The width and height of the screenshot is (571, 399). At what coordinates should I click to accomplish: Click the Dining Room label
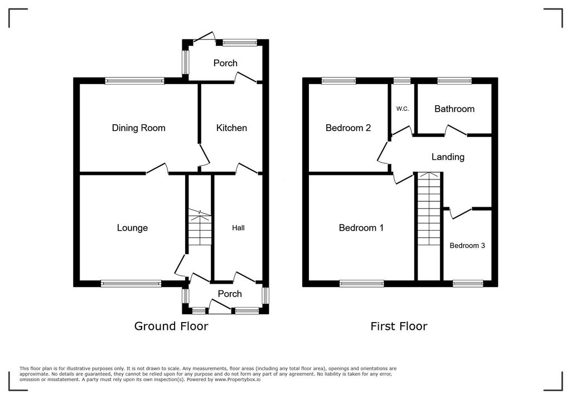(138, 128)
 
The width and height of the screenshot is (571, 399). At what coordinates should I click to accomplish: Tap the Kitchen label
(231, 128)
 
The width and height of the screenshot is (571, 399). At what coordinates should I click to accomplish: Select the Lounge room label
(132, 227)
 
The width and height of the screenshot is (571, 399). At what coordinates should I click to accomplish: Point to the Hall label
(238, 227)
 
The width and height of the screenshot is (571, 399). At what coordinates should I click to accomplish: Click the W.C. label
(403, 109)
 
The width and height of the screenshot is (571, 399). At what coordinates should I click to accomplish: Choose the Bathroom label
(454, 109)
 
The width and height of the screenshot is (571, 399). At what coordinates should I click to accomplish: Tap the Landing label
(448, 157)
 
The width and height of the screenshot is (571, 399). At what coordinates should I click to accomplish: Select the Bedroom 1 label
(361, 227)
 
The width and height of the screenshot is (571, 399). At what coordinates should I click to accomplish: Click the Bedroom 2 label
(349, 128)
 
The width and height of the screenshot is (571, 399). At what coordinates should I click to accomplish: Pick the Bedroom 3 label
(467, 245)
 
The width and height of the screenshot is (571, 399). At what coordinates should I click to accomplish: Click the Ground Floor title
(171, 326)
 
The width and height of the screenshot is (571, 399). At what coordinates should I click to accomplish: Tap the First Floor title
(399, 326)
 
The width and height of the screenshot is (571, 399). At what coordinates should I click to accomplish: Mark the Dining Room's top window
(135, 81)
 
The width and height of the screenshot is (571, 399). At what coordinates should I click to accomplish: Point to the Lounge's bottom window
(131, 284)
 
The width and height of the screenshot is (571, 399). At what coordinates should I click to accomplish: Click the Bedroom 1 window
(361, 284)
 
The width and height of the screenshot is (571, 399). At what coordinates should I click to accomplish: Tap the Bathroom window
(454, 81)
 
